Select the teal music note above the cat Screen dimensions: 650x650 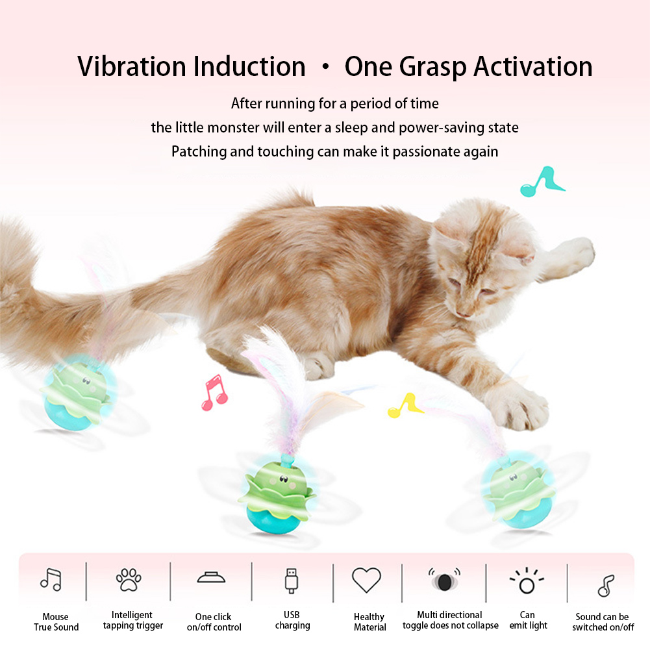click(541, 181)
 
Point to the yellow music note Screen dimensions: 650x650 click(404, 405)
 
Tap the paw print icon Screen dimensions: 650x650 click(129, 579)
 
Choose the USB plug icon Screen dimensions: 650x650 click(292, 581)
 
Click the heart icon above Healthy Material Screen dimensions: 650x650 click(366, 580)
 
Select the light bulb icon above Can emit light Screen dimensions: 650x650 click(527, 581)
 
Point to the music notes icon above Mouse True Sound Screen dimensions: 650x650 click(51, 579)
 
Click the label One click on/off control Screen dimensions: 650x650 click(214, 622)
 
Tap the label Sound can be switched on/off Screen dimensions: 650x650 click(603, 622)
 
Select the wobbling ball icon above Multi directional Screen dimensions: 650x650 click(444, 579)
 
